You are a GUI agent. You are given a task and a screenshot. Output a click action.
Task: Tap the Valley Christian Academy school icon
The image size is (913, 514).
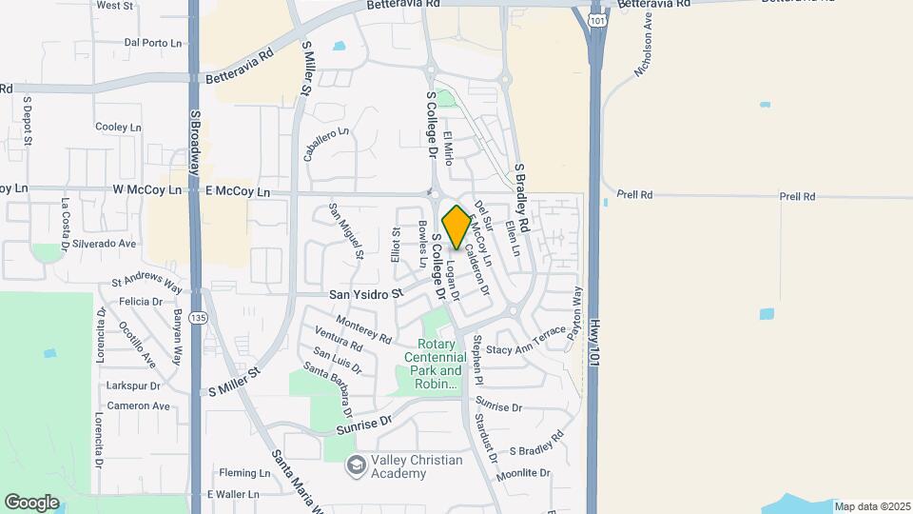coord(357,465)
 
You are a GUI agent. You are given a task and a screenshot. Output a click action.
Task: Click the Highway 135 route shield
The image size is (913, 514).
coord(197,316)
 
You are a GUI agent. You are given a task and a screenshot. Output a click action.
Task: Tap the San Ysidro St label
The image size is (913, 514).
coord(366,294)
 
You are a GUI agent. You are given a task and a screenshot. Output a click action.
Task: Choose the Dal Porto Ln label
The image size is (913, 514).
coord(153,43)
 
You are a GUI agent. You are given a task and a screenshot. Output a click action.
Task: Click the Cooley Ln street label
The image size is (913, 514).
coord(118,127)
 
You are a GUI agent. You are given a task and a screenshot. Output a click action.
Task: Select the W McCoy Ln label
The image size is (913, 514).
coord(146,190)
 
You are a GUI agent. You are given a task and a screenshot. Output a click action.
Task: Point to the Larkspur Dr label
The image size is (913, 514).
coord(133,386)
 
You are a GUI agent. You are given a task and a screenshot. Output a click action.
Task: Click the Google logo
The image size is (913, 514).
coord(31,502)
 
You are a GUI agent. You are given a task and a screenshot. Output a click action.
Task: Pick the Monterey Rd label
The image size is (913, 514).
coord(364,331)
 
